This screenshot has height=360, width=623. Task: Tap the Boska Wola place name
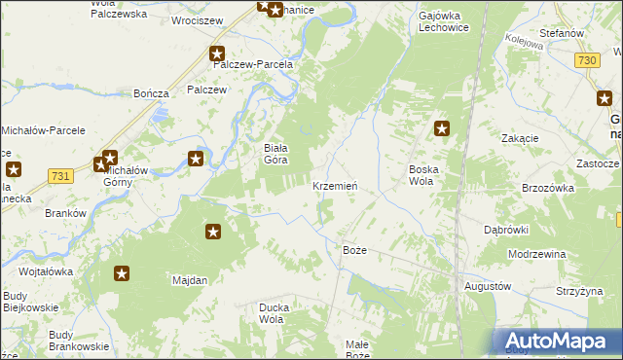(x=421, y=174)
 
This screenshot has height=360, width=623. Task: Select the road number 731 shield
(x=61, y=175)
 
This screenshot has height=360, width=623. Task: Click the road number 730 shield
(x=586, y=60)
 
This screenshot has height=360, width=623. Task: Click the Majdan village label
(x=190, y=280)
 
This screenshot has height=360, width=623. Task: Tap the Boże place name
(x=355, y=250)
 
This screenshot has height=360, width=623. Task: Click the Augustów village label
(x=488, y=287)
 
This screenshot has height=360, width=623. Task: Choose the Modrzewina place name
(x=537, y=253)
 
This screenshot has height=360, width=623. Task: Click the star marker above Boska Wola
(x=442, y=127)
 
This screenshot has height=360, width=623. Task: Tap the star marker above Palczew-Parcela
(x=217, y=54)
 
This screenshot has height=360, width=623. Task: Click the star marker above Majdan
(x=213, y=232)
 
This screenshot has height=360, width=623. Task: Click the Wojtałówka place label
(x=46, y=271)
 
